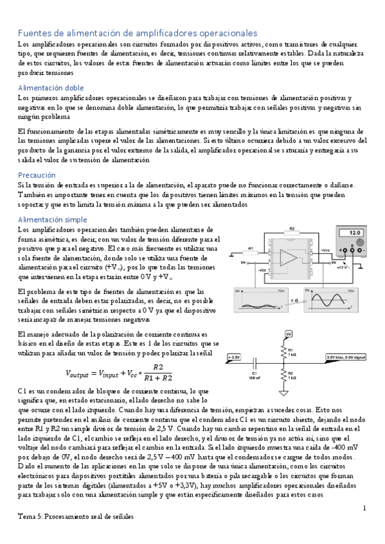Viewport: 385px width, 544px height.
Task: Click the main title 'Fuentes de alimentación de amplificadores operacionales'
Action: coord(137,33)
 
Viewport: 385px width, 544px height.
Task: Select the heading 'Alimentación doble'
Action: coord(51,87)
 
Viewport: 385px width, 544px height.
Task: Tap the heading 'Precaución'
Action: coord(37,174)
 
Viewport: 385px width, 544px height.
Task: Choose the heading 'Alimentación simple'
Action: coord(53,219)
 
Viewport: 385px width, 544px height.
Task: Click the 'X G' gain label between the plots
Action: coord(294,299)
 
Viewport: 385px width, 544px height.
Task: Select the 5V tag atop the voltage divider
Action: coord(289,334)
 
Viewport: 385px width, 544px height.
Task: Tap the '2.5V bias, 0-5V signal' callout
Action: coord(346,357)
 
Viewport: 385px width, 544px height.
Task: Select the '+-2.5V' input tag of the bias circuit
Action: coord(235,357)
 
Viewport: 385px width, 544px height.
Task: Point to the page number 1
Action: coord(364,508)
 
